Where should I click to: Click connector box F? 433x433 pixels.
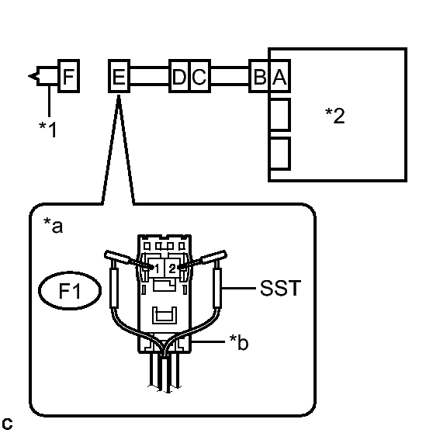(69, 76)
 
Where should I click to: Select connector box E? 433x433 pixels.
(119, 76)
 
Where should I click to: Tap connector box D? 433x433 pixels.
(179, 76)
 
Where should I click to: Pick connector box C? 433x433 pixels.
(200, 76)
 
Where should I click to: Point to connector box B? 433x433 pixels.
(259, 76)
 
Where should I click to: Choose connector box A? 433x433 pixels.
(279, 76)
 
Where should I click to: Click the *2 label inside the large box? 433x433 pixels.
(335, 116)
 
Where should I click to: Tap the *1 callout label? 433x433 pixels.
(48, 130)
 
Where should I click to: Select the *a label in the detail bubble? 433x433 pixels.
(53, 225)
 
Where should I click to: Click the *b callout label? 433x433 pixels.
(239, 342)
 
